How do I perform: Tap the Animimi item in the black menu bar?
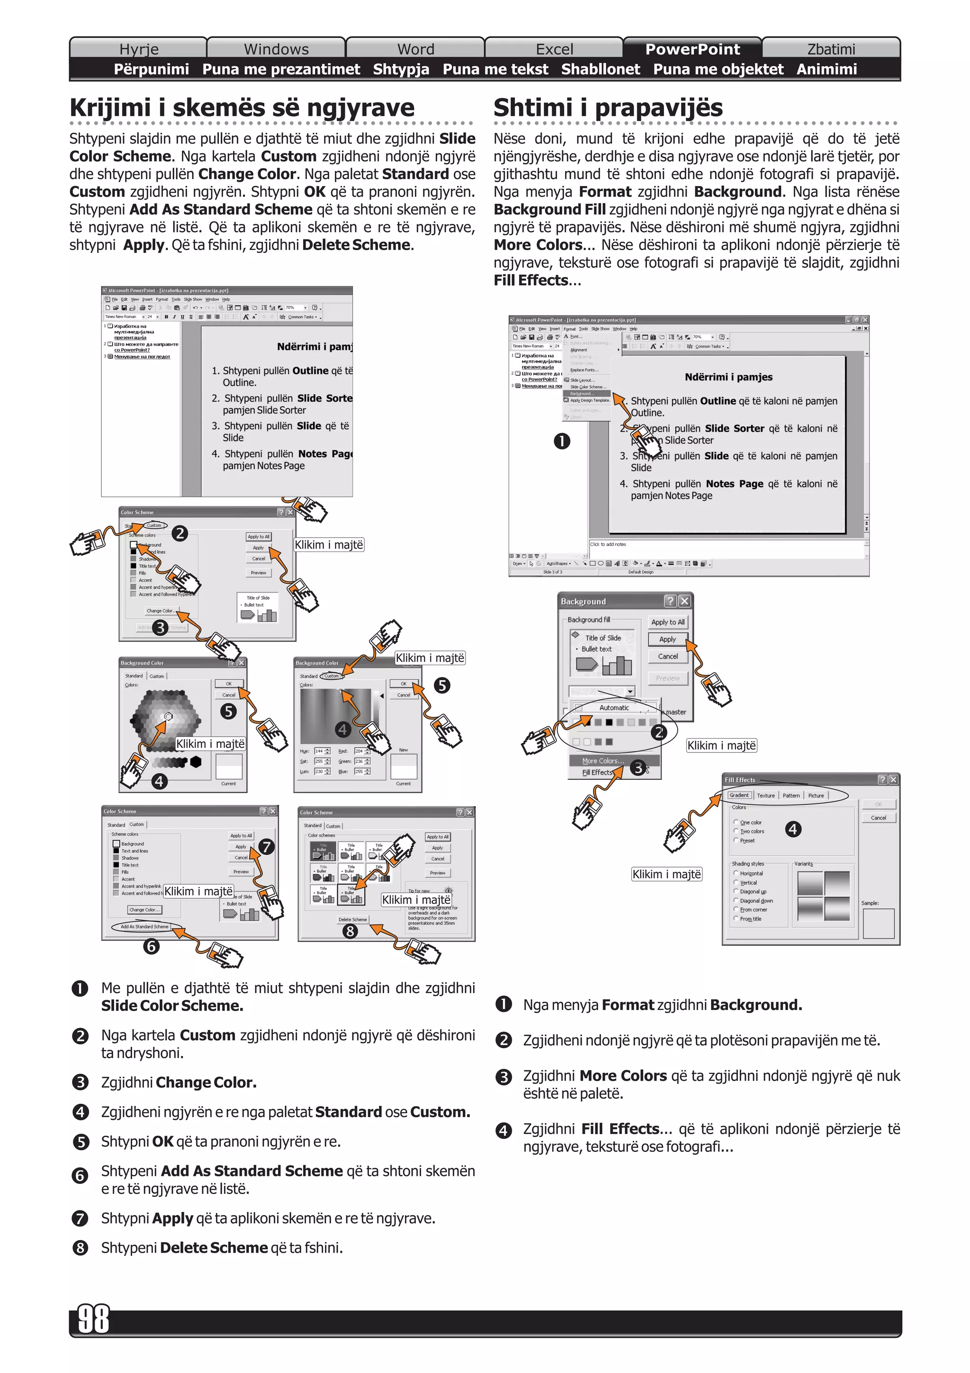pos(826,69)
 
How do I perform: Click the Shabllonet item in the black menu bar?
pos(600,69)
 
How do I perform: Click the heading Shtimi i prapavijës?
pos(608,108)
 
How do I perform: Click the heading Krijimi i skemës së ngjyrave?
pos(242,108)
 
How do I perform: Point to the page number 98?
pos(94,1319)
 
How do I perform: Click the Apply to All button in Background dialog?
pos(667,622)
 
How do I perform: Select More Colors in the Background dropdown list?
pos(602,761)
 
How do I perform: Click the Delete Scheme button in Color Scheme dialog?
pos(352,919)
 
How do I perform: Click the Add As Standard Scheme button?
pos(144,926)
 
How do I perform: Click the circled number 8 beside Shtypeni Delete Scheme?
pos(80,1248)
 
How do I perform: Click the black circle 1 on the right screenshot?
pos(562,442)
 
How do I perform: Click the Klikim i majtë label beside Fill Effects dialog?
pos(666,874)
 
